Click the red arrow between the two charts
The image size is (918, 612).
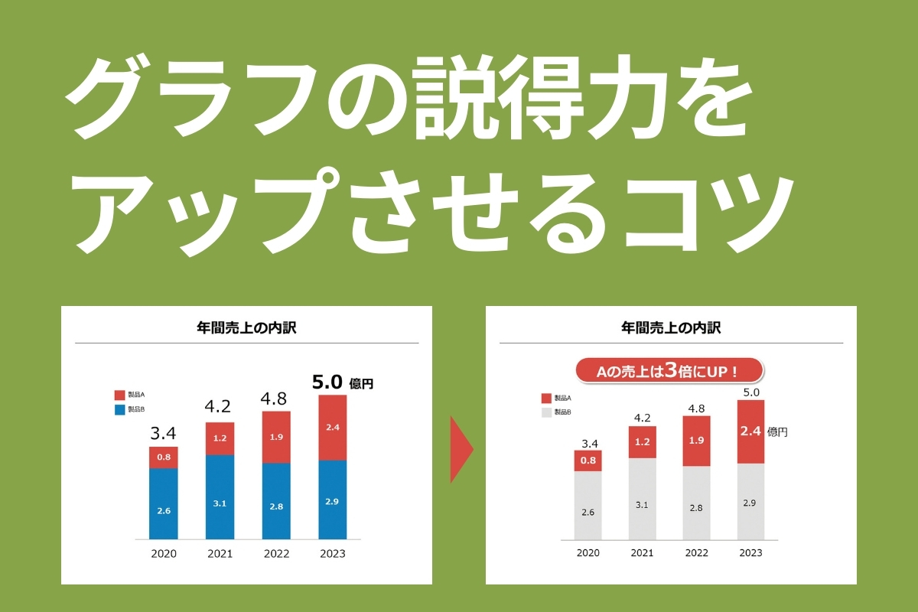pos(461,450)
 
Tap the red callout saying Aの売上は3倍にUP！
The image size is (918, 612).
pos(669,372)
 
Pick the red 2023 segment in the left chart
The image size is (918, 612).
pos(332,428)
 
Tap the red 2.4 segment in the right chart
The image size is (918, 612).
pos(750,431)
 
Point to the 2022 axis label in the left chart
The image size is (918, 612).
pos(275,554)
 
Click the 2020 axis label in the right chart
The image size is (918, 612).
pos(588,553)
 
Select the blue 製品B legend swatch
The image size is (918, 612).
pos(119,410)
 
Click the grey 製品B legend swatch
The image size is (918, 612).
pos(546,412)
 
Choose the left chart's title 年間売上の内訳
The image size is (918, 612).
pos(246,328)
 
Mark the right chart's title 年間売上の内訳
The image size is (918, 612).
pos(671,328)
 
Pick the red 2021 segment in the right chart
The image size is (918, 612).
pos(643,442)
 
